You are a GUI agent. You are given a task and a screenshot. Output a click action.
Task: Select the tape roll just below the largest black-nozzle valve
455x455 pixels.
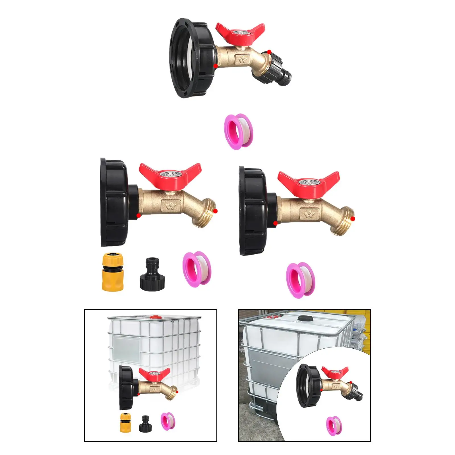[x=238, y=131]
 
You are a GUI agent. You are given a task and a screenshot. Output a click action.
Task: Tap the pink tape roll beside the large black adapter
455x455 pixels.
[x=197, y=269]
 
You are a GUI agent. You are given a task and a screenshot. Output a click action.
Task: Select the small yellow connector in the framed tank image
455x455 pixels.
[x=125, y=423]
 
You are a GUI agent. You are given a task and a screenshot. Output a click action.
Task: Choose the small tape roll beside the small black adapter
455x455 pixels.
[x=168, y=421]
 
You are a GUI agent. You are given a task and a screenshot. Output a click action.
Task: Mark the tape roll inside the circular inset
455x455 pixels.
[x=334, y=426]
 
